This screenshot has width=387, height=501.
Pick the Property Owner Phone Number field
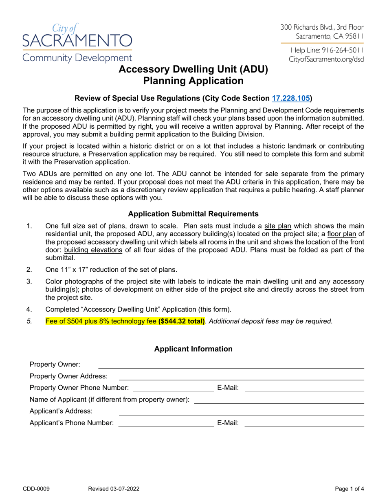(x=174, y=387)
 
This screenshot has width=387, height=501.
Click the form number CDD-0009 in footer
(x=40, y=488)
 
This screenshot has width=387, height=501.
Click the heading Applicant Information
(x=193, y=349)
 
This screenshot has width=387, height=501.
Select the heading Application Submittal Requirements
(x=193, y=213)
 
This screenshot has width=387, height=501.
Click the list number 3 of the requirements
(x=29, y=281)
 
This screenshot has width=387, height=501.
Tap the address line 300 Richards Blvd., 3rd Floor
(x=322, y=27)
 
